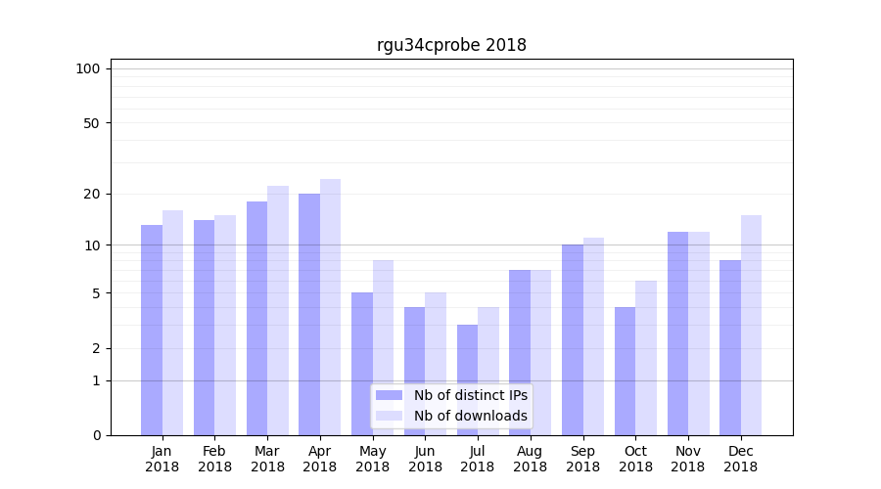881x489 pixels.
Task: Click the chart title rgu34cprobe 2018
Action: (451, 45)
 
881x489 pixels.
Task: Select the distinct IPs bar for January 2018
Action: (152, 330)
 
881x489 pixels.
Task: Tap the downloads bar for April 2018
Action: (330, 307)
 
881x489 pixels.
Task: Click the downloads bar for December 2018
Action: (751, 325)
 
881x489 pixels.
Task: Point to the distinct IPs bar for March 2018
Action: (256, 318)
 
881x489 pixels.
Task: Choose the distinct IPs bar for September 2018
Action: (573, 339)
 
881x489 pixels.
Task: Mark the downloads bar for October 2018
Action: (646, 358)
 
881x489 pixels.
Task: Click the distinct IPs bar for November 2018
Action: (677, 333)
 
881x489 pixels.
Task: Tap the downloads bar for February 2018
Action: (225, 325)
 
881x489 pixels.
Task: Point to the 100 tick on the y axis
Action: (88, 68)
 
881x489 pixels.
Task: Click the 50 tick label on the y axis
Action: (92, 123)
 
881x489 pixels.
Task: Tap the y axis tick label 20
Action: (92, 194)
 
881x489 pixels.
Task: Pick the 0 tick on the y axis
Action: (96, 435)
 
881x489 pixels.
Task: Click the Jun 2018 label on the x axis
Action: (425, 459)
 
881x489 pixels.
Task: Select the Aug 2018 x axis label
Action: (530, 459)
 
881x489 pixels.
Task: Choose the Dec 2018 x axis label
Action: (740, 459)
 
